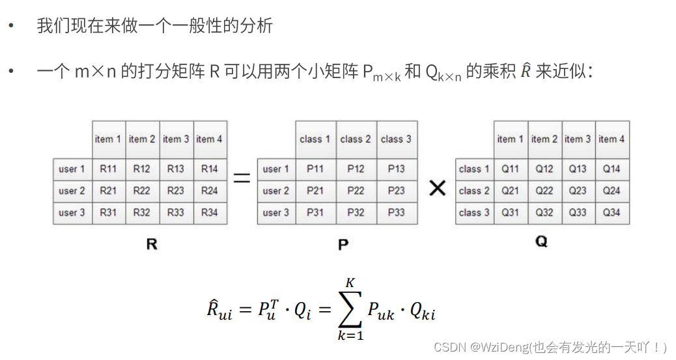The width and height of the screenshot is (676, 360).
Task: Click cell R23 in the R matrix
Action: (x=176, y=191)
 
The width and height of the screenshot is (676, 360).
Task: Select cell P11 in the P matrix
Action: (x=315, y=169)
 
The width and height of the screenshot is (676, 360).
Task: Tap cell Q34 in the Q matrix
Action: (x=612, y=212)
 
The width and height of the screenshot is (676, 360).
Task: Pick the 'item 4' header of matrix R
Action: (x=210, y=139)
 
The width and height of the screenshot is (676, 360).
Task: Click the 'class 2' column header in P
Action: (x=356, y=139)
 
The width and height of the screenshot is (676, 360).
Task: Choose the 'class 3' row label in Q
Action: (x=473, y=212)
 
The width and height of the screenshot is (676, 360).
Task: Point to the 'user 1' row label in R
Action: (x=72, y=169)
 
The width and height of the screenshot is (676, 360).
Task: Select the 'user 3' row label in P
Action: (x=276, y=212)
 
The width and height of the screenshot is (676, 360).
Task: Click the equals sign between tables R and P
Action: (x=242, y=177)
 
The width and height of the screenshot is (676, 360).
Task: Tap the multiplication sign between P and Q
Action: (x=438, y=188)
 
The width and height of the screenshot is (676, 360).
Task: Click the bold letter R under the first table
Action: (x=152, y=245)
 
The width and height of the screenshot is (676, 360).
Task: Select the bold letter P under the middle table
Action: (x=343, y=245)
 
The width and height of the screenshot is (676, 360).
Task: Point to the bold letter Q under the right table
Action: (x=542, y=242)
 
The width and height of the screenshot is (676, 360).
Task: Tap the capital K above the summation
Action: (x=350, y=283)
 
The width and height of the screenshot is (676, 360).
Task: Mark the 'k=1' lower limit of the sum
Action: (x=350, y=336)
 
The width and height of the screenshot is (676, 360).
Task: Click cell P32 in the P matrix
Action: (x=356, y=212)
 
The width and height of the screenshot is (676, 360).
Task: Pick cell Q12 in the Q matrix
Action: (x=544, y=169)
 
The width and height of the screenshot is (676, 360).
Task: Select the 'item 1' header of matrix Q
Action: (x=510, y=139)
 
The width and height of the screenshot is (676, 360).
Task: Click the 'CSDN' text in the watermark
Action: (x=448, y=347)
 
